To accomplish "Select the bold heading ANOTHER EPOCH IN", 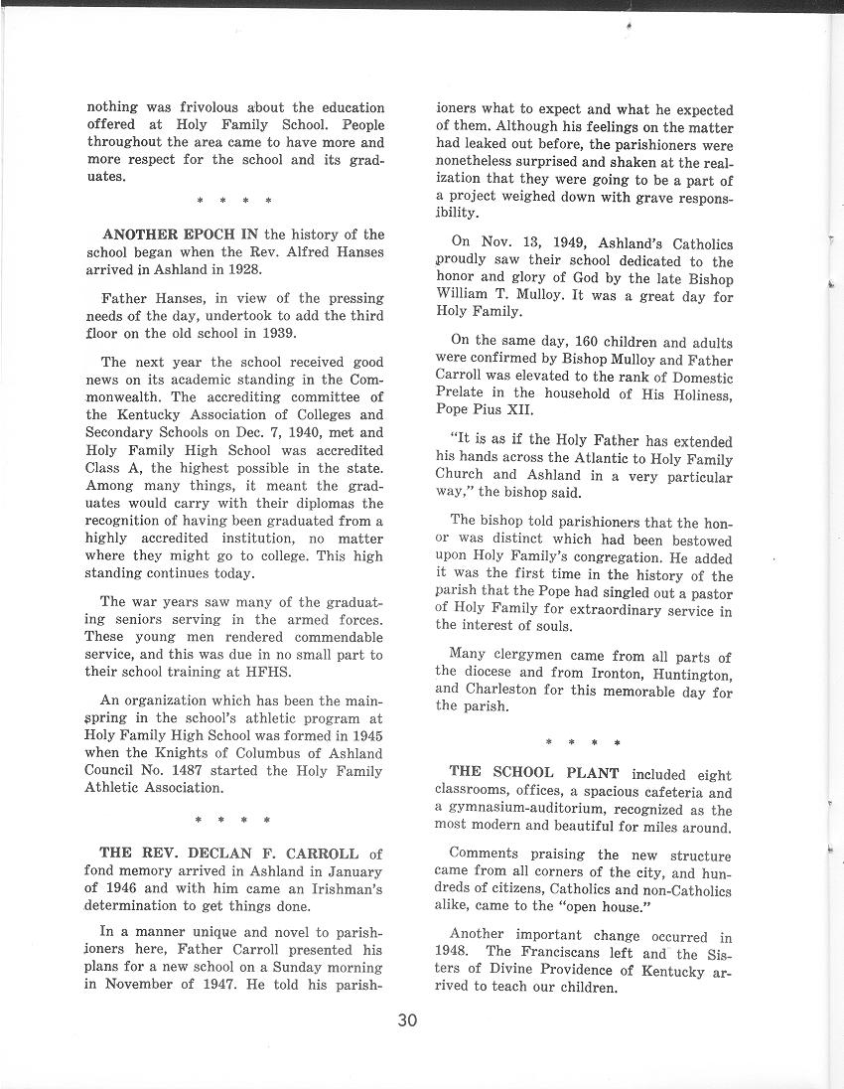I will coord(181,234).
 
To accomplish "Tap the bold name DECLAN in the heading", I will coord(214,853).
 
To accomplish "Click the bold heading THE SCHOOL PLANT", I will coord(534,774).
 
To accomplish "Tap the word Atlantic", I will coord(595,459).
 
